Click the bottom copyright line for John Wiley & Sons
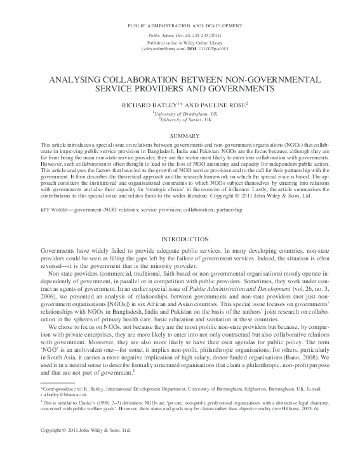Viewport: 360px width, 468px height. click(76, 448)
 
